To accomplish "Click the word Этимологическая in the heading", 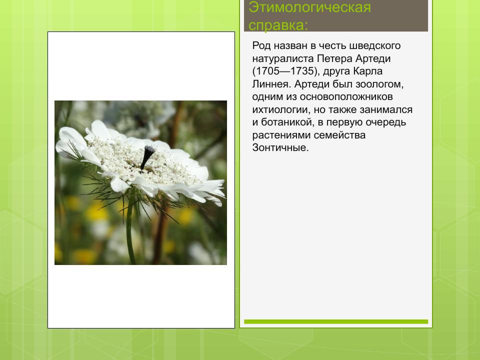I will point(310,7).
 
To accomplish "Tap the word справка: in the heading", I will point(278,25).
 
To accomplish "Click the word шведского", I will point(378,46).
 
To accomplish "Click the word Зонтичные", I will point(280,148).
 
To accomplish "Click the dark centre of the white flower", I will point(147,156).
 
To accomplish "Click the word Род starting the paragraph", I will point(261,46).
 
